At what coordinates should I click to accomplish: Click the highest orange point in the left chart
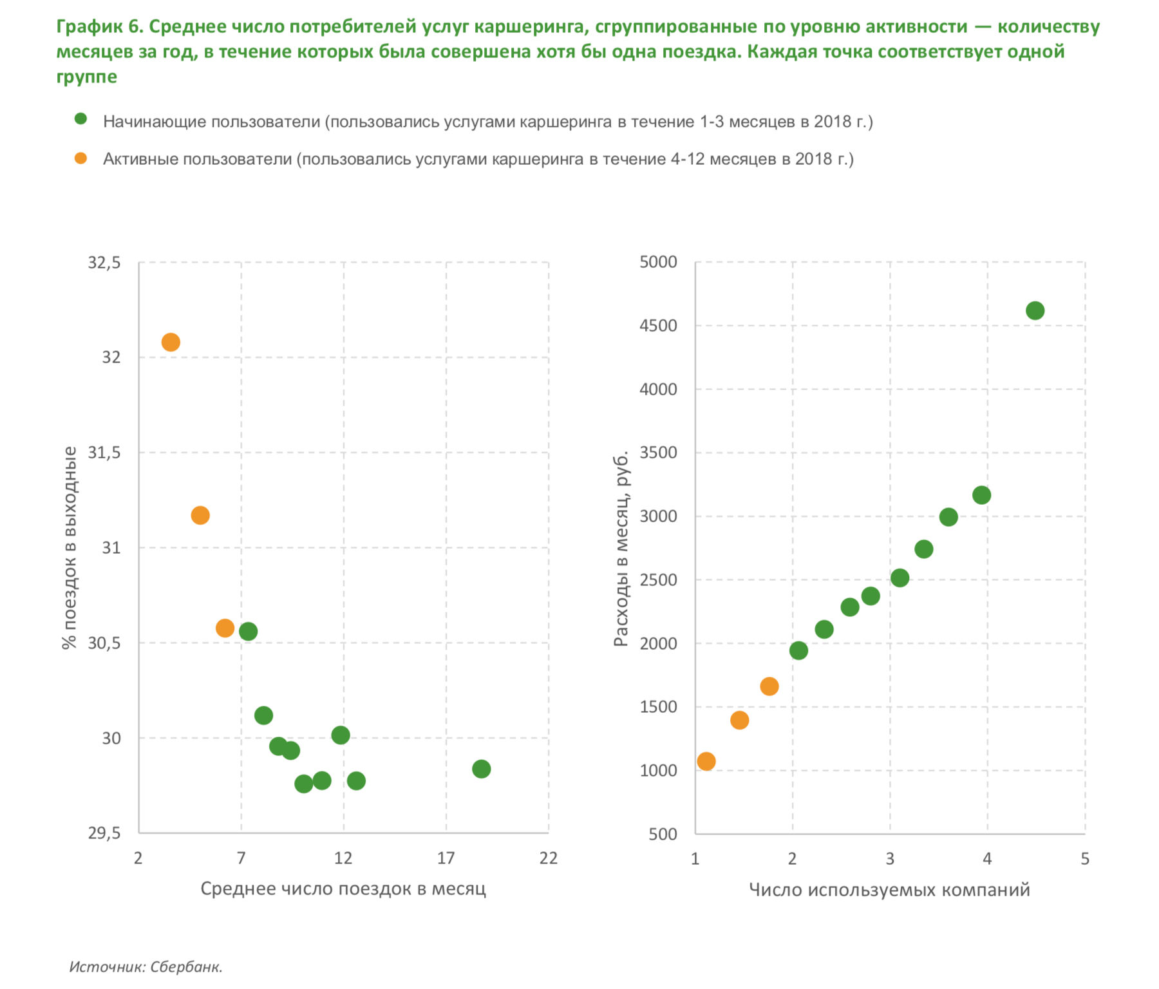pos(171,342)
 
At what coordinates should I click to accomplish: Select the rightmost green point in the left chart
pos(481,769)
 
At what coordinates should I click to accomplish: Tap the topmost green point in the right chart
pos(1035,311)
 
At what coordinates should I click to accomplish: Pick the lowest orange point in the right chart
pos(706,762)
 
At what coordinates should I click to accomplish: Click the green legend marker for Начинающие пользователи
pos(80,119)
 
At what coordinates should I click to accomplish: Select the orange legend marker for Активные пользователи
pos(80,158)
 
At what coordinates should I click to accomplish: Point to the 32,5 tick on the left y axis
pos(104,263)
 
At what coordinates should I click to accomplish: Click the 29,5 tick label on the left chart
pos(104,834)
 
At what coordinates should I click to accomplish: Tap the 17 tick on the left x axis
pos(446,858)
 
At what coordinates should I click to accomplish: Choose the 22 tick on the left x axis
pos(548,858)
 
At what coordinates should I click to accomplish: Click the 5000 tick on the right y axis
pos(658,262)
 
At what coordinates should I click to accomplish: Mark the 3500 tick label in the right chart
pos(658,453)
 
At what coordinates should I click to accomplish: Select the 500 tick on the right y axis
pos(663,834)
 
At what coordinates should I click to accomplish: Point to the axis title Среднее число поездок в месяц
pos(343,889)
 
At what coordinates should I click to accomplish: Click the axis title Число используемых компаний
pos(889,890)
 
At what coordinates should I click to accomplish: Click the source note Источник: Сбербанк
pos(146,966)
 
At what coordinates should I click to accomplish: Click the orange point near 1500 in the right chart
pos(740,720)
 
